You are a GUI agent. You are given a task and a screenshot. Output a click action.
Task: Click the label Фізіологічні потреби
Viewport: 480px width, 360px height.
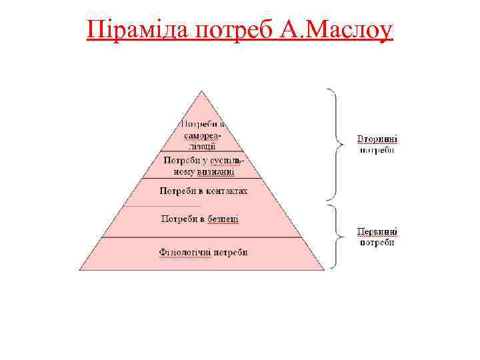pos(203,253)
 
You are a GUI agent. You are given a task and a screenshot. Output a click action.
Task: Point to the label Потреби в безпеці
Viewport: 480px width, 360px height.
pos(200,219)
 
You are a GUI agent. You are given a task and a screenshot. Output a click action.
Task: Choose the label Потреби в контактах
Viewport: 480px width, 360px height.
pos(203,191)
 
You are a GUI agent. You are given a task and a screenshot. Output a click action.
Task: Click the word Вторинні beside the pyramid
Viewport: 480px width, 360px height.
pos(377,140)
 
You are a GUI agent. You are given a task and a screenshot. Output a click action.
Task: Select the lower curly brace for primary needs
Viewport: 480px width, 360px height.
pos(333,236)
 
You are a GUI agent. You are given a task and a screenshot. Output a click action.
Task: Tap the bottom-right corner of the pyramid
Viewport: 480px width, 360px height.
pos(325,270)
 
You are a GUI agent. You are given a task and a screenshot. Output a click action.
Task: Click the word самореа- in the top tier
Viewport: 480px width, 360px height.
pos(201,135)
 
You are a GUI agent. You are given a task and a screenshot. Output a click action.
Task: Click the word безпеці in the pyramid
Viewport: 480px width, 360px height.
pos(223,219)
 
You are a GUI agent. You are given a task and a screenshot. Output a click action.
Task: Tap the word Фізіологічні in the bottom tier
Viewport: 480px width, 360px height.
pos(183,253)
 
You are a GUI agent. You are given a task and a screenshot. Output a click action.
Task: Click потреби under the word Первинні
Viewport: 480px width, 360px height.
pos(377,243)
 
